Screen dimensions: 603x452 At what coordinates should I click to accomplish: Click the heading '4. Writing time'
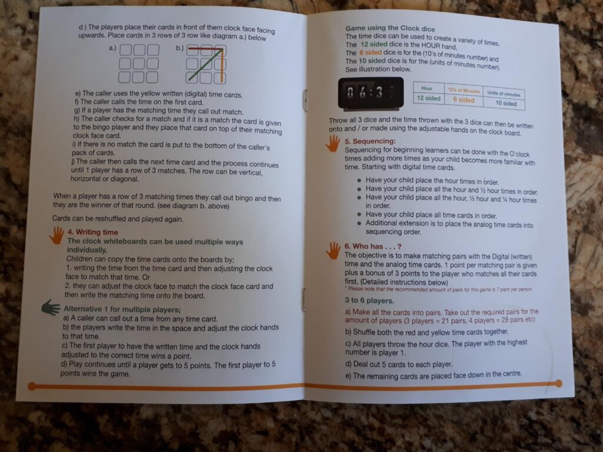tap(92, 232)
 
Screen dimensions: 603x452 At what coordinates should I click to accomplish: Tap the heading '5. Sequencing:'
tap(370, 141)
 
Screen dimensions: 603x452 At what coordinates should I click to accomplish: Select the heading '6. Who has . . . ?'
tap(373, 247)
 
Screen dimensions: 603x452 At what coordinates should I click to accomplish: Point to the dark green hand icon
tap(51, 307)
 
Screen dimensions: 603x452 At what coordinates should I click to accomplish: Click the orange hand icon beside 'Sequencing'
tap(333, 143)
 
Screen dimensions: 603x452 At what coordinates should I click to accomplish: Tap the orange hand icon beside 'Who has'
tap(333, 250)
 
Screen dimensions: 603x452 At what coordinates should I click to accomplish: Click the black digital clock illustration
tap(371, 92)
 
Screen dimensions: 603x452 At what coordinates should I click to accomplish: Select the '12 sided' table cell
tap(429, 98)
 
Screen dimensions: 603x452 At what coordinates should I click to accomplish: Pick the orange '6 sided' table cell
tap(463, 99)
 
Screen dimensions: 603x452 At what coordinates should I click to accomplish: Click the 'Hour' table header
tap(427, 88)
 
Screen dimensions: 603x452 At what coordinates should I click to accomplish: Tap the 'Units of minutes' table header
tap(503, 94)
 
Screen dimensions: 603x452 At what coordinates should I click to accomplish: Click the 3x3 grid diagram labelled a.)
tap(138, 64)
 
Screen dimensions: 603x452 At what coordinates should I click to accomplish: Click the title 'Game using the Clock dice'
tap(390, 28)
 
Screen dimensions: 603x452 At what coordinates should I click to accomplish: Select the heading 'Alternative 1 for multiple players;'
tap(122, 310)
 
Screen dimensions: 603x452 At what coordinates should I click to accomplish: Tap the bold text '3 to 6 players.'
tap(370, 301)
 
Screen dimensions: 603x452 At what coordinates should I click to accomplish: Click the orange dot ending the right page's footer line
tap(558, 383)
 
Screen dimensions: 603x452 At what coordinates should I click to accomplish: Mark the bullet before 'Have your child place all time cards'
tap(359, 215)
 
